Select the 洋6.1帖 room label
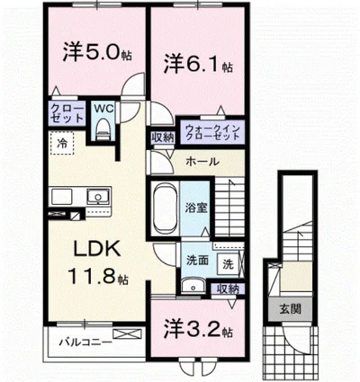pos(199,63)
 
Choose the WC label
pos(103,111)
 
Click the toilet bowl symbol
pos(103,129)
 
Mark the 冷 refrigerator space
pos(62,143)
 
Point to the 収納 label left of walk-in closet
pos(163,138)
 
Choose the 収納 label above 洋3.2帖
pos(229,289)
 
